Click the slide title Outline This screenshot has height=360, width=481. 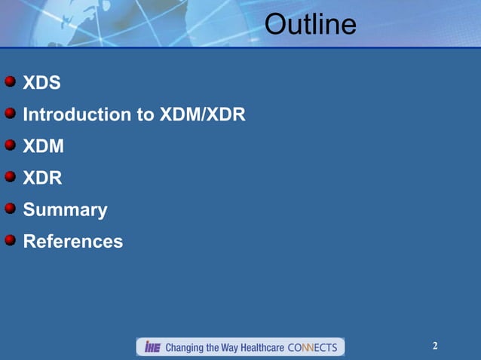click(x=310, y=25)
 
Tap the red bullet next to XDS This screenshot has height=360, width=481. click(x=10, y=81)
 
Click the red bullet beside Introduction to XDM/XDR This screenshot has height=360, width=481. click(x=10, y=113)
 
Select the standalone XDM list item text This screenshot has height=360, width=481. click(x=43, y=146)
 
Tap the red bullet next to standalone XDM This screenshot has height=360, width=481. click(x=10, y=145)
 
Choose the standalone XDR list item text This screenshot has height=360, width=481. click(x=42, y=178)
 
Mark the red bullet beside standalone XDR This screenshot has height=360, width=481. click(x=10, y=176)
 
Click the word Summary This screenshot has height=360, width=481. click(x=65, y=210)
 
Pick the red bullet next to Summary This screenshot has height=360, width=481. click(x=10, y=208)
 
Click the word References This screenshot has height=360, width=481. click(x=72, y=242)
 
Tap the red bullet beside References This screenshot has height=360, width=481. click(x=10, y=239)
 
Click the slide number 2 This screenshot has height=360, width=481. click(x=435, y=346)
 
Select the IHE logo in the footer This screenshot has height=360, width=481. click(x=152, y=347)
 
